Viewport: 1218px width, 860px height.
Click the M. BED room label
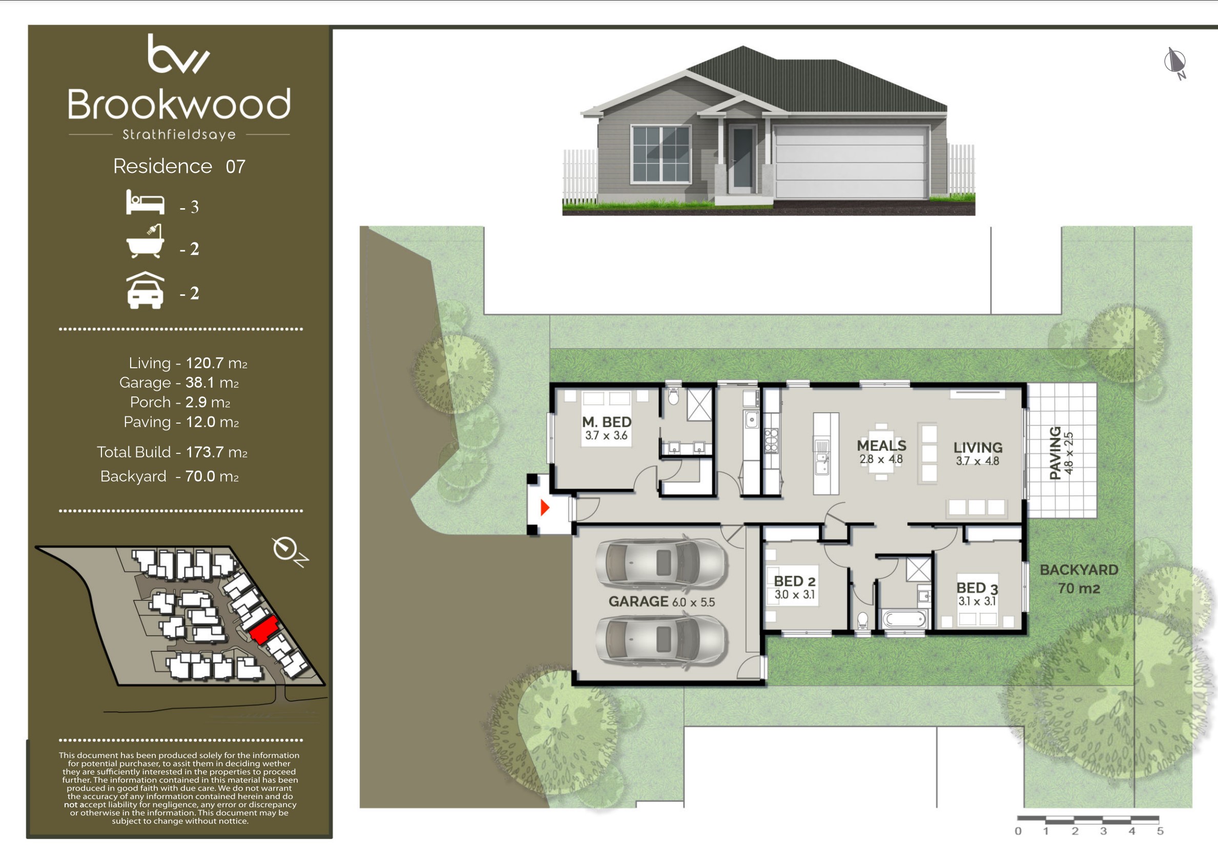pyautogui.click(x=607, y=422)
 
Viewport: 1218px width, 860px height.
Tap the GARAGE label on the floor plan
pyautogui.click(x=638, y=602)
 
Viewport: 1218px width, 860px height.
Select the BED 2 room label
pyautogui.click(x=795, y=582)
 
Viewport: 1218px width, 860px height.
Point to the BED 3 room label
pyautogui.click(x=977, y=588)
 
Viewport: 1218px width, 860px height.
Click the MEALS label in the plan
pyautogui.click(x=882, y=446)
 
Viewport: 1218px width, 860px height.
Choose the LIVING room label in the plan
pyautogui.click(x=978, y=448)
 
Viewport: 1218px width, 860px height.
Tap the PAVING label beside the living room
pyautogui.click(x=1056, y=453)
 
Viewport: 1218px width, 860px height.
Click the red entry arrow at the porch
pyautogui.click(x=545, y=508)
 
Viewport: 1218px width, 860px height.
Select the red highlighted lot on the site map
pyautogui.click(x=264, y=630)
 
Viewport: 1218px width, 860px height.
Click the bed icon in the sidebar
pyautogui.click(x=145, y=202)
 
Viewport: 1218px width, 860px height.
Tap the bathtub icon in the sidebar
pyautogui.click(x=145, y=242)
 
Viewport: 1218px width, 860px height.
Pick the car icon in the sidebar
pyautogui.click(x=145, y=290)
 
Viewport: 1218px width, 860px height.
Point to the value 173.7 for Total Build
pyautogui.click(x=205, y=452)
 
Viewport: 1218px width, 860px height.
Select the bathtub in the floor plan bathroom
pyautogui.click(x=905, y=619)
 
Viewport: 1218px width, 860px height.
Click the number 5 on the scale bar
pyautogui.click(x=1160, y=831)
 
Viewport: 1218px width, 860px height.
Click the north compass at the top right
pyautogui.click(x=1175, y=63)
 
